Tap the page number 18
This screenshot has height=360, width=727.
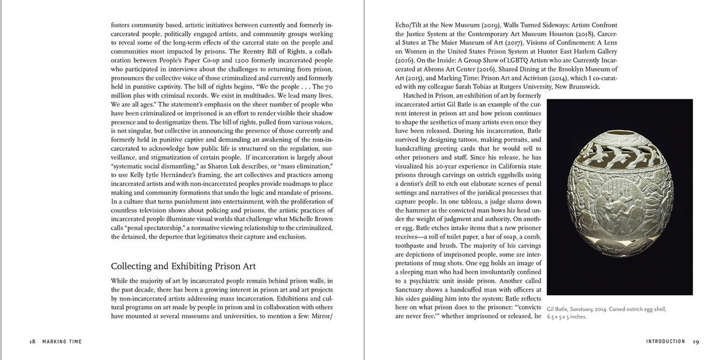point(32,342)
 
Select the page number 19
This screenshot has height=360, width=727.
point(696,342)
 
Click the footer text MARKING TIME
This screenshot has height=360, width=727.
point(62,342)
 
